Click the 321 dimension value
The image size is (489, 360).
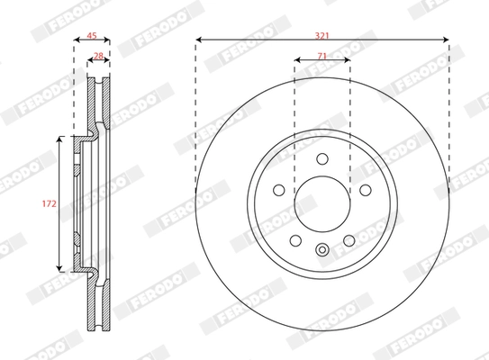[321, 36]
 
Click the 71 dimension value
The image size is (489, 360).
[321, 56]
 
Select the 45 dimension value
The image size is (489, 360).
[91, 36]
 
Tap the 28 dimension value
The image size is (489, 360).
[98, 56]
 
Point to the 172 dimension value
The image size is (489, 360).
[50, 203]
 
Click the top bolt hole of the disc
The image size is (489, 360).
[322, 158]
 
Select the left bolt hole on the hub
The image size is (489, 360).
[279, 190]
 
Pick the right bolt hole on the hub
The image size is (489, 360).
[366, 190]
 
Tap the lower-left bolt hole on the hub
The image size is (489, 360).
[295, 240]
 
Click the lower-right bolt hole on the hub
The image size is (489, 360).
[349, 240]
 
